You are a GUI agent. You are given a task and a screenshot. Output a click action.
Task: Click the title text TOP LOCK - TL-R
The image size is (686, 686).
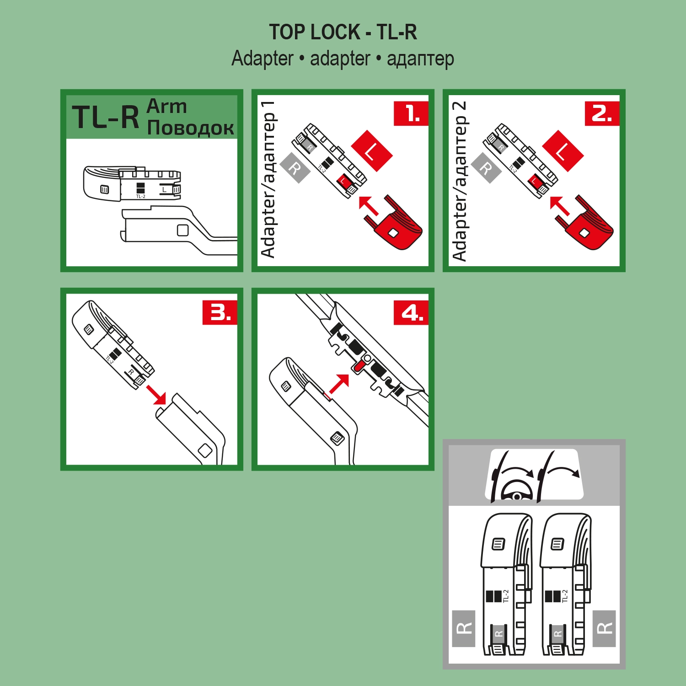(343, 32)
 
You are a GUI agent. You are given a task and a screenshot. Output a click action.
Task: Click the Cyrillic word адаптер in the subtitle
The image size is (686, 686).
(420, 59)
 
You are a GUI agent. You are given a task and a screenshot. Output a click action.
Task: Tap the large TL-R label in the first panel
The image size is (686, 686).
(106, 118)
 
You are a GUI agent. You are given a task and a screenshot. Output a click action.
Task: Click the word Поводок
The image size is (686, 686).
(191, 128)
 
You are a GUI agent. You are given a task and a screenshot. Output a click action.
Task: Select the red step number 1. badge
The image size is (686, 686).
(411, 113)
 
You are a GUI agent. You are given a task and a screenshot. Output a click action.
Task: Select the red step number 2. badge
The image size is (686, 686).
(602, 113)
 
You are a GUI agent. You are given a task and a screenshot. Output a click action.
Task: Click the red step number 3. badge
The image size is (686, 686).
(220, 313)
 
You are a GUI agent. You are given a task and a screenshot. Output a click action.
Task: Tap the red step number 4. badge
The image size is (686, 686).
(411, 313)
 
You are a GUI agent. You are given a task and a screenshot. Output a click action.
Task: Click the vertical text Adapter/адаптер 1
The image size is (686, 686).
(268, 180)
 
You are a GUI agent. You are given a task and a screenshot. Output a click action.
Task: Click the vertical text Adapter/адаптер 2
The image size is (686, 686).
(459, 181)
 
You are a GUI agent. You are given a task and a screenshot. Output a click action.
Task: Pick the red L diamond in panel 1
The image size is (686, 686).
(372, 151)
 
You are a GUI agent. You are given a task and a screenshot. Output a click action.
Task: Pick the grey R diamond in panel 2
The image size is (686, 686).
(486, 168)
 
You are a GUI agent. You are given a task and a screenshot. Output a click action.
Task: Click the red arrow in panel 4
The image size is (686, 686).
(339, 383)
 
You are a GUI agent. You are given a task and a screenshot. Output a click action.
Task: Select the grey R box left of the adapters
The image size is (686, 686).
(464, 628)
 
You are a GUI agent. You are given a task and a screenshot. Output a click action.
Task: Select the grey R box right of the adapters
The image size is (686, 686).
(604, 628)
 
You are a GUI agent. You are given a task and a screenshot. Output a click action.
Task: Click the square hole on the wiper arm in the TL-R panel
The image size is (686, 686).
(183, 230)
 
